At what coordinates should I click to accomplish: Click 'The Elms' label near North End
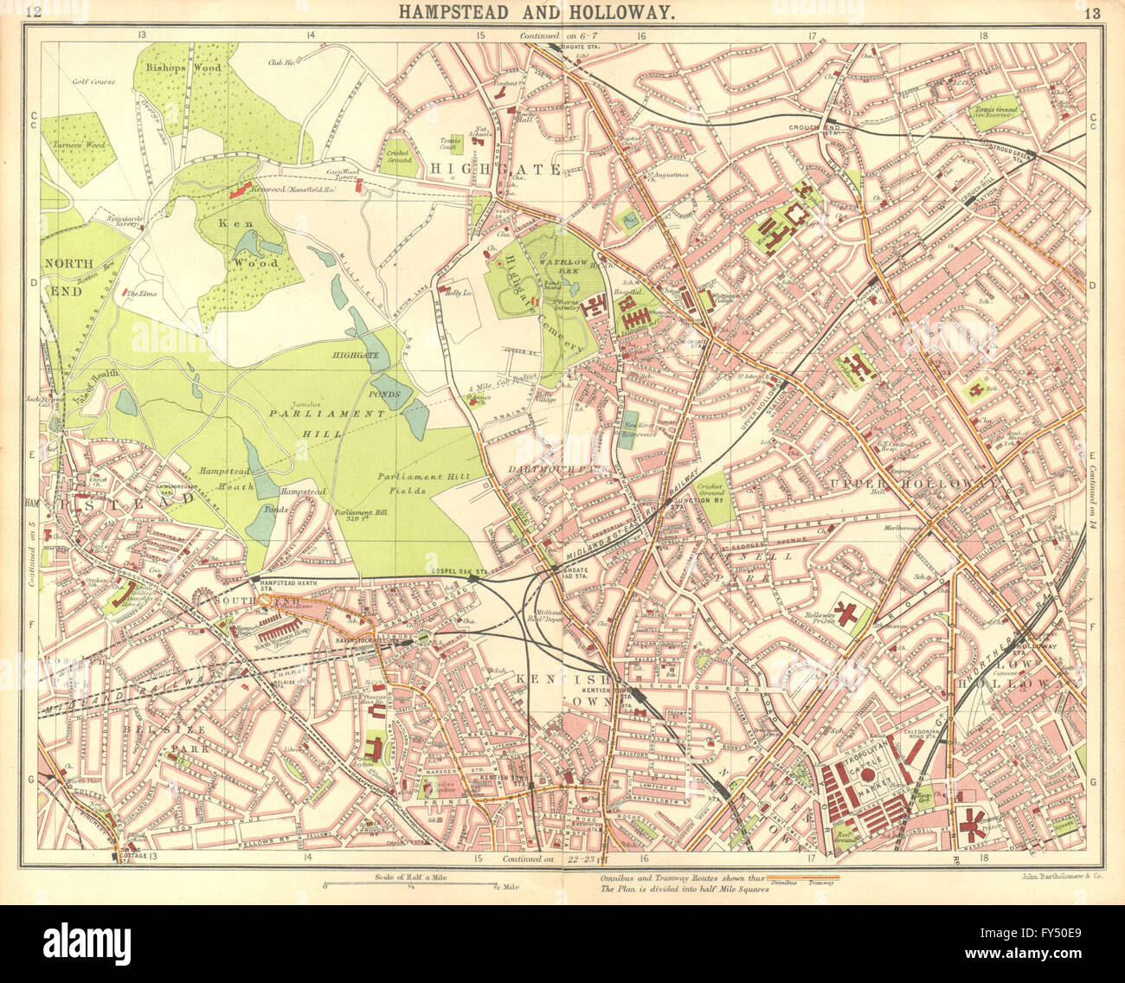[139, 293]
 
